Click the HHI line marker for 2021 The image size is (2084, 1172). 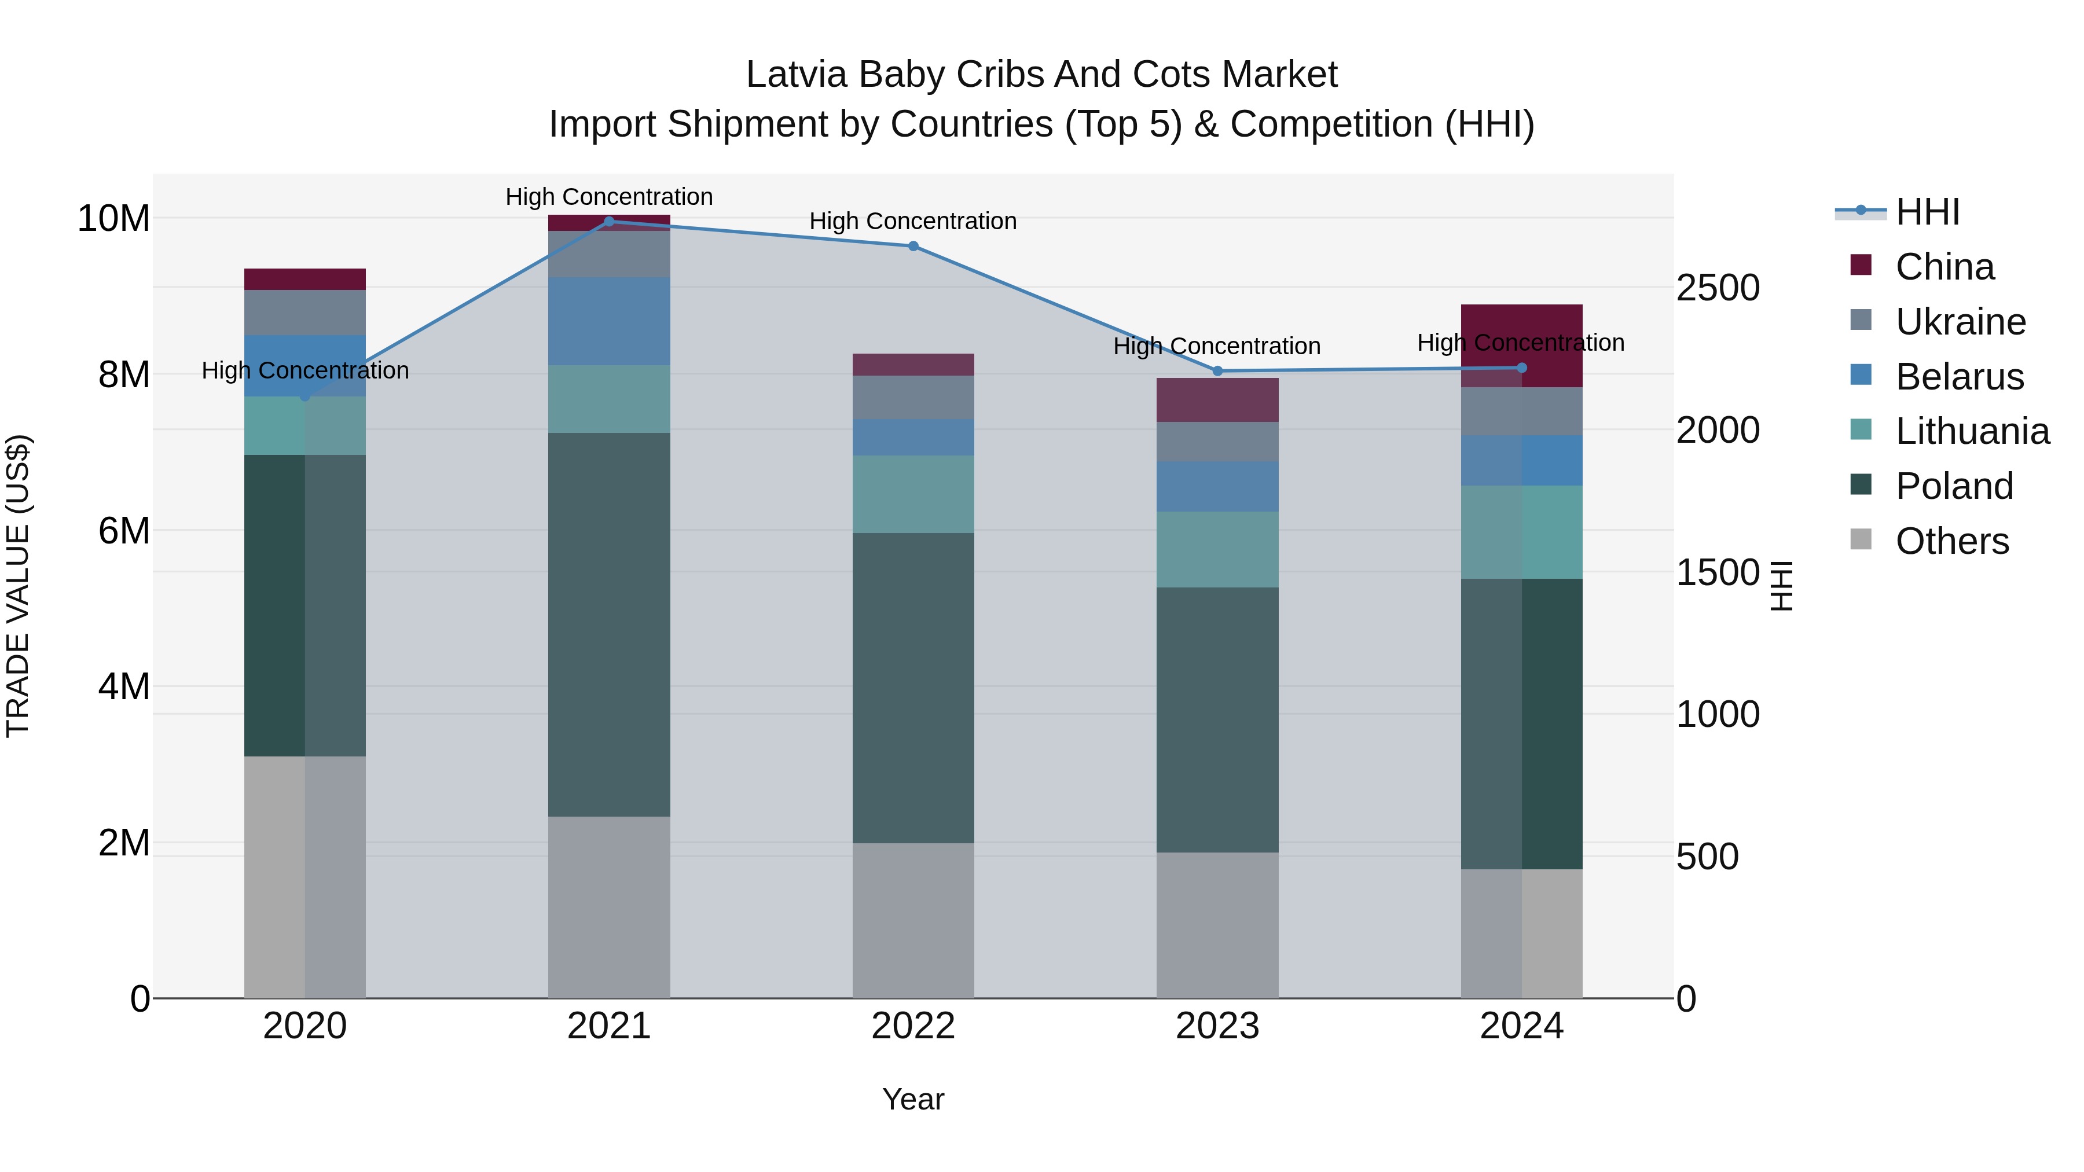pyautogui.click(x=609, y=221)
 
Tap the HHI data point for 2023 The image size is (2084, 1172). pyautogui.click(x=1217, y=371)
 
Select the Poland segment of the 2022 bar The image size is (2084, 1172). pyautogui.click(x=913, y=688)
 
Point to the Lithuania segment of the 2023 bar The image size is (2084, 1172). pyautogui.click(x=1217, y=549)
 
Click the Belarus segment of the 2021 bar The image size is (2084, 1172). pyautogui.click(x=609, y=321)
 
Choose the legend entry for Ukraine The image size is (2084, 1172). pyautogui.click(x=1960, y=322)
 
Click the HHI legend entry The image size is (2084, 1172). pyautogui.click(x=1927, y=212)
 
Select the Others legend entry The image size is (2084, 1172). pyautogui.click(x=1951, y=541)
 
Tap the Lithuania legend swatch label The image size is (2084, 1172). pyautogui.click(x=1972, y=432)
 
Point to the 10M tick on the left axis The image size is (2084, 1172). pyautogui.click(x=113, y=218)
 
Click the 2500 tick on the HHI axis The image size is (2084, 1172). pyautogui.click(x=1717, y=288)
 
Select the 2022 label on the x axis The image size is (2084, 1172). pyautogui.click(x=913, y=1026)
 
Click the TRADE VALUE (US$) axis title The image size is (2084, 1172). pyautogui.click(x=18, y=586)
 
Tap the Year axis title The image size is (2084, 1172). pyautogui.click(x=913, y=1099)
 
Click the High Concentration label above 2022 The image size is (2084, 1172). pyautogui.click(x=913, y=221)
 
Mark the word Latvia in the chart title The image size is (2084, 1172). pyautogui.click(x=797, y=75)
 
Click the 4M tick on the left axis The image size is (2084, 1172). pyautogui.click(x=124, y=686)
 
